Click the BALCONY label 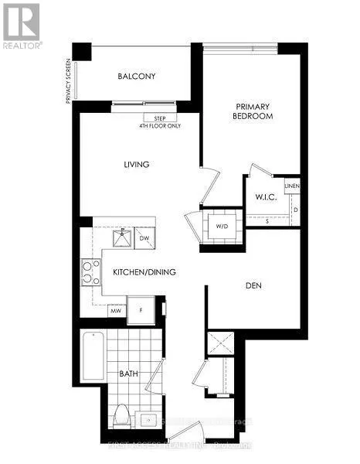tap(138, 76)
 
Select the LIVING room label tap(135, 165)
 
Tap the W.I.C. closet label tap(267, 197)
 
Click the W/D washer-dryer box tap(222, 227)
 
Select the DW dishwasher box tap(144, 239)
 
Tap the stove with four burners tap(91, 272)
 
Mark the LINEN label tap(291, 186)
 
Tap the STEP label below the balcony tap(160, 118)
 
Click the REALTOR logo tap(21, 26)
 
